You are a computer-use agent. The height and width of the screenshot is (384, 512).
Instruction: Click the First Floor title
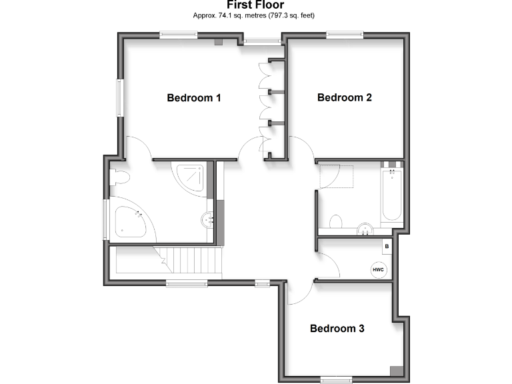tap(255, 5)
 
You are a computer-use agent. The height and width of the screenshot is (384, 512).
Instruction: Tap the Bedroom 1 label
tap(193, 98)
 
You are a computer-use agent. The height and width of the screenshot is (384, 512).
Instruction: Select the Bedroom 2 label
tap(344, 97)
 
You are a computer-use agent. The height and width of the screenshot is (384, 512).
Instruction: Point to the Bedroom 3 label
tap(337, 329)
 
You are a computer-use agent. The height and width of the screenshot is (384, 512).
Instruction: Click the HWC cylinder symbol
tap(378, 269)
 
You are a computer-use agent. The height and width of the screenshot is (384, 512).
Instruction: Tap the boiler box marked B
tap(386, 246)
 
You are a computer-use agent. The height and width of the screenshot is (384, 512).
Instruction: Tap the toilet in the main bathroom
tap(336, 221)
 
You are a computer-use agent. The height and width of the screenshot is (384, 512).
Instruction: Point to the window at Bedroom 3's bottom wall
tap(336, 380)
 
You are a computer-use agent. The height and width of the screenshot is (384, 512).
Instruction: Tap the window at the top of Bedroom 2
tap(345, 35)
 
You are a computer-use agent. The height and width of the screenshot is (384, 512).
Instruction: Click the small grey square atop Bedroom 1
tap(218, 42)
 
